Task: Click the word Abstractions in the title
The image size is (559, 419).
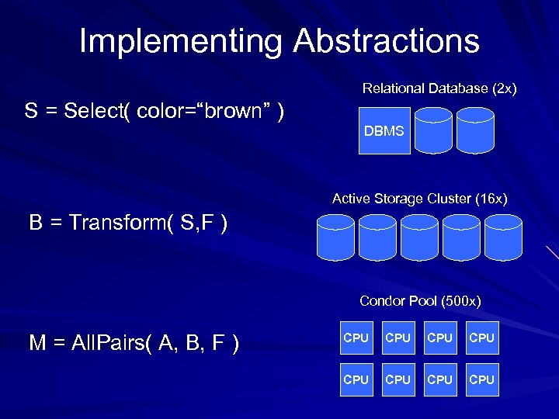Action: tap(386, 41)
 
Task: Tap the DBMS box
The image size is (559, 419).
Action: tap(384, 131)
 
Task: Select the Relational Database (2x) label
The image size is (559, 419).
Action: tap(439, 89)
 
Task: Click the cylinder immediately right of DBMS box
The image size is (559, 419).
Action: tap(433, 130)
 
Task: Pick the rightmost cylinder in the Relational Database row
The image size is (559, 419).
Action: tap(475, 130)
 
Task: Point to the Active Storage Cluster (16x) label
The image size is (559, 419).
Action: tap(419, 199)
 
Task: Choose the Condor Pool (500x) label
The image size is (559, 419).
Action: tap(420, 301)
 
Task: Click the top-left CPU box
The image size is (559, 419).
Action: tap(356, 338)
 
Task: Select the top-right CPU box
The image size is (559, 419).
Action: tap(482, 338)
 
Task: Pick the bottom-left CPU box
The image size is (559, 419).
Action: tap(356, 379)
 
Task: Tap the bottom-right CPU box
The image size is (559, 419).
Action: tap(482, 379)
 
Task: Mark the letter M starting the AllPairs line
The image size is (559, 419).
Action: tap(37, 344)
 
